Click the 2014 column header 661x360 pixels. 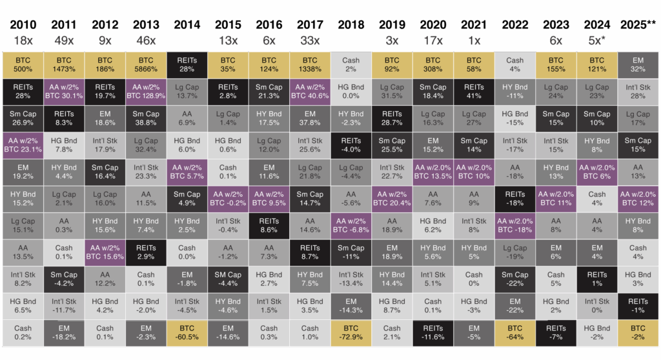coord(187,25)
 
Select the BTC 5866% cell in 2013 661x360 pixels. coord(146,65)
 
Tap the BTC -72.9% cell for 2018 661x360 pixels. coord(351,333)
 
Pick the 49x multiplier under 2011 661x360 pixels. coord(64,40)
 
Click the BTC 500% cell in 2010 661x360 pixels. coord(23,65)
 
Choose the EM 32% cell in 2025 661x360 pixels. coord(638,65)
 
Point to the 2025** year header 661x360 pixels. coord(638,25)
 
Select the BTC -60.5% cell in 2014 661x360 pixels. coord(187,333)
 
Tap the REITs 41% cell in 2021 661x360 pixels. coord(474,92)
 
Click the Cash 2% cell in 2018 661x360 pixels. coord(351,65)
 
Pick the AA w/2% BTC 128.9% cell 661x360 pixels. coord(146,92)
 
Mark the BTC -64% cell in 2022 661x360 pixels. coord(515,333)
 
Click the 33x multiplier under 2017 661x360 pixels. coord(310,40)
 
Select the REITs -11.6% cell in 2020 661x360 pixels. coord(433,333)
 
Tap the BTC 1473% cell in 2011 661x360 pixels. coord(64,65)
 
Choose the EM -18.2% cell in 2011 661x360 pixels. coord(64,333)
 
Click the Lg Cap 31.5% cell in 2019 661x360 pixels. coord(392,92)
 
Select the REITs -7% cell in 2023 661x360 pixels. coord(556,333)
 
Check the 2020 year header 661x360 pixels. coord(433,25)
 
